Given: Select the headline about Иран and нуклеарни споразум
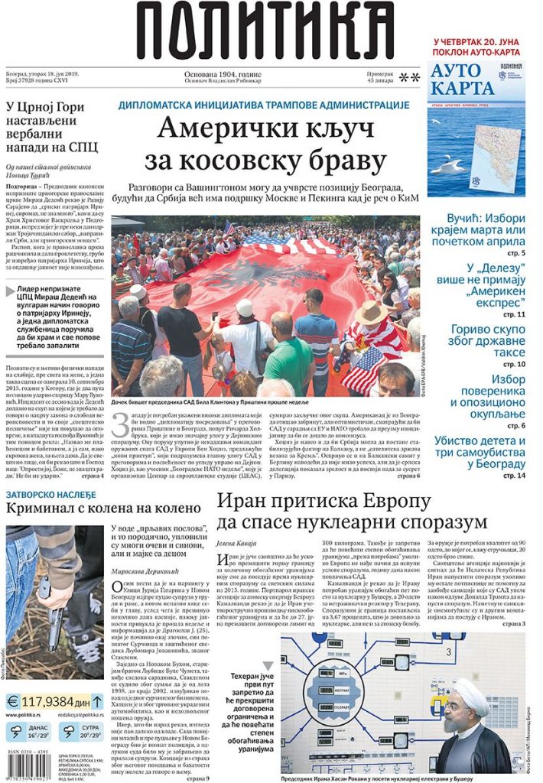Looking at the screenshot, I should point(352,512).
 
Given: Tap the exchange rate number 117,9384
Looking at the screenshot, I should point(47,700).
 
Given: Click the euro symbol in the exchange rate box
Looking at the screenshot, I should point(13,701).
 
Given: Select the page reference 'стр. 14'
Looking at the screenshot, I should point(514,475).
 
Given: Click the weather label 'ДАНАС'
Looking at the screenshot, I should point(38,729).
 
